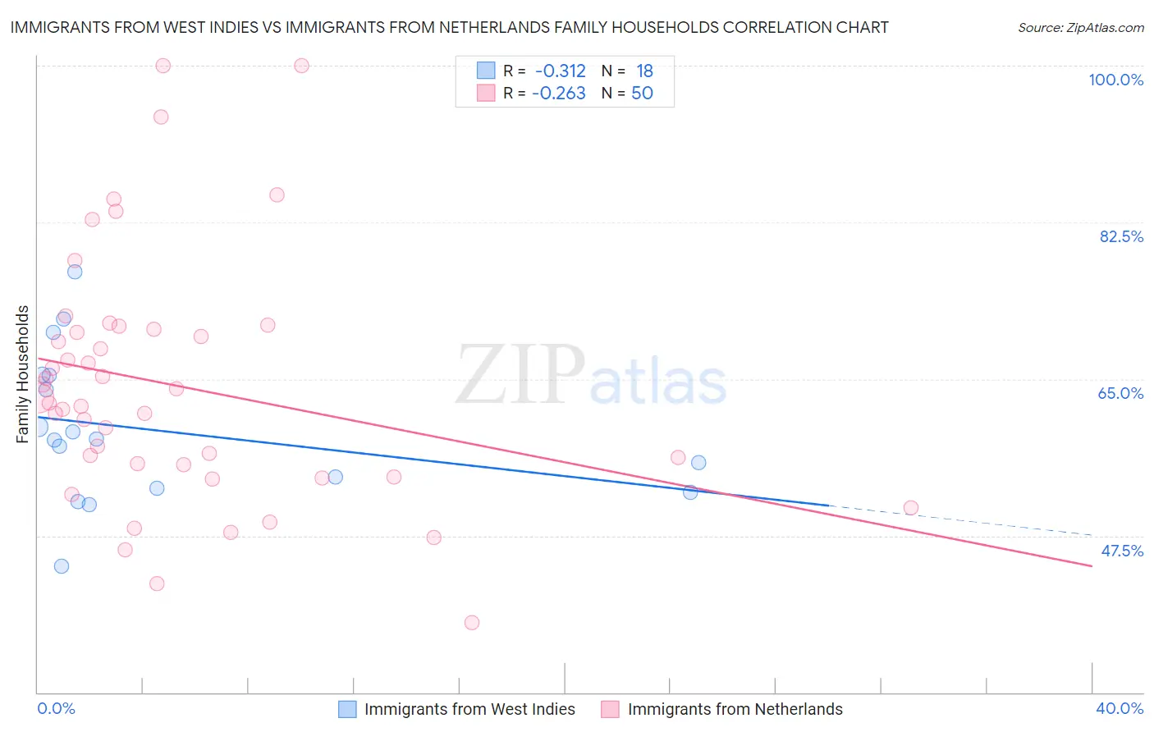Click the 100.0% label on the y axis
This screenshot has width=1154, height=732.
point(1115,80)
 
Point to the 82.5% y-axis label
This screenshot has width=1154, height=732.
point(1121,236)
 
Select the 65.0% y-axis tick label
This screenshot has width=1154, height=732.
point(1120,393)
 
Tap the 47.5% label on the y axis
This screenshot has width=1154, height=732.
point(1121,551)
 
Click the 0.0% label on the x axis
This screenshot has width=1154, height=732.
point(56,708)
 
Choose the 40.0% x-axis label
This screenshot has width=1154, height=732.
point(1120,708)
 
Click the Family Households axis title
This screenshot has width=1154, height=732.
point(23,374)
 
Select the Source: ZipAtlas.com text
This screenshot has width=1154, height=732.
point(1080,28)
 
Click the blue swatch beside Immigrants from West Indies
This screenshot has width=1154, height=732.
point(348,709)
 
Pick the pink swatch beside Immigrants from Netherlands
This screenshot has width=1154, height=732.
point(610,709)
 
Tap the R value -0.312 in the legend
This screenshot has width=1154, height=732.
point(560,71)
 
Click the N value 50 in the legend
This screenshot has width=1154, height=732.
point(642,94)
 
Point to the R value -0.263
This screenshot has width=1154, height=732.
point(558,94)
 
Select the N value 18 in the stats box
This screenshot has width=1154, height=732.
point(644,71)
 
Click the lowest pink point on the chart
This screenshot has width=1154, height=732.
point(472,623)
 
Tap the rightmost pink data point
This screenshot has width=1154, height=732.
point(910,508)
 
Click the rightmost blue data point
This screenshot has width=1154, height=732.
point(698,463)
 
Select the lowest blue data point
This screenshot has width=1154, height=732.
point(62,566)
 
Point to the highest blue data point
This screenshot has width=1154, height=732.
point(75,272)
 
